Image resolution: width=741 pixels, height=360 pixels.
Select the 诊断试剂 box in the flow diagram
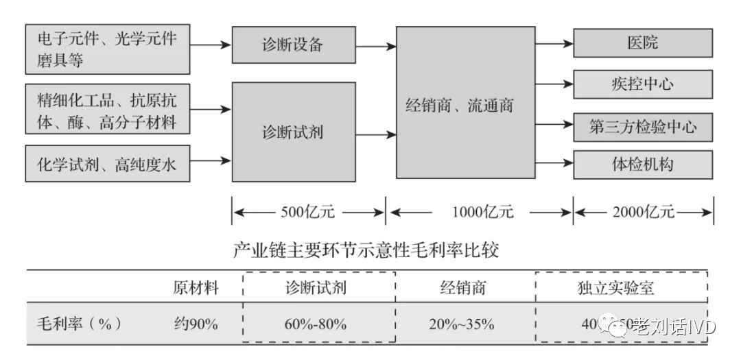[x=293, y=132]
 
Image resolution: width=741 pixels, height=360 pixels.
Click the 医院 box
[x=642, y=43]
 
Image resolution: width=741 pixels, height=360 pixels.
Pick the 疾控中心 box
[x=642, y=84]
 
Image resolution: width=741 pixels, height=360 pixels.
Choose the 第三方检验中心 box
[x=642, y=126]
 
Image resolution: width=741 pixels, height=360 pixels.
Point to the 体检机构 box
[x=642, y=165]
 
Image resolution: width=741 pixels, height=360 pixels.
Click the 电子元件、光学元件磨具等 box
[x=107, y=50]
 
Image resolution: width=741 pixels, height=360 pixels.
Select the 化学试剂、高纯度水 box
[x=107, y=164]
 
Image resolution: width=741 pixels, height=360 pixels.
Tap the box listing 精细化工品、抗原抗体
[x=107, y=108]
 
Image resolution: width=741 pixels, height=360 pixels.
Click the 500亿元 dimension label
[x=308, y=212]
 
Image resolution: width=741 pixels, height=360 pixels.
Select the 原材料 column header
[x=196, y=288]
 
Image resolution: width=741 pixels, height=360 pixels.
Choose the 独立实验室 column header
[x=622, y=288]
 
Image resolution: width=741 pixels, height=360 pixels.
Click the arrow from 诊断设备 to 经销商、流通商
[x=376, y=46]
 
